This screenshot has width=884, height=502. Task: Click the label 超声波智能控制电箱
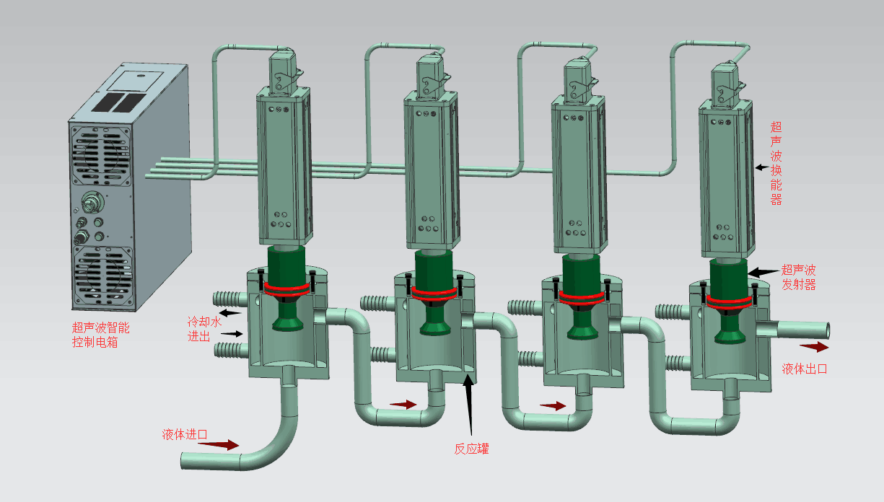[100, 335]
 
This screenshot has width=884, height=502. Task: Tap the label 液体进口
[185, 435]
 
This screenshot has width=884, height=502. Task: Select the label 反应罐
[472, 449]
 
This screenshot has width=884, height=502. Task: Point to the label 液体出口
[805, 369]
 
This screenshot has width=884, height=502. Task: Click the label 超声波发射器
[799, 277]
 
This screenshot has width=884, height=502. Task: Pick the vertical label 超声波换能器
[776, 163]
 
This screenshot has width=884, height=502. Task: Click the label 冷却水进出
[204, 329]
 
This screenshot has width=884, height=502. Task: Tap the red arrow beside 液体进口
[218, 444]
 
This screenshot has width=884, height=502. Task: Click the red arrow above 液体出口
[814, 347]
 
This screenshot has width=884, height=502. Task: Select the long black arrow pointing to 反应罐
[469, 404]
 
